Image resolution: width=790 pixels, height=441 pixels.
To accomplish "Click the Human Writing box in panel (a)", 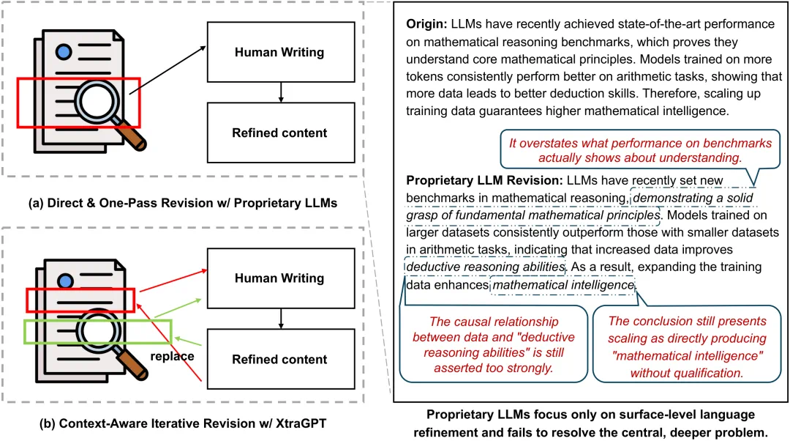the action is (281, 52).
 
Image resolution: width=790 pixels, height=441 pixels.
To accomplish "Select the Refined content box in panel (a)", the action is (281, 133).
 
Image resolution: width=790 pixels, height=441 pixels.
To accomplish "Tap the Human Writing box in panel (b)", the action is (281, 278).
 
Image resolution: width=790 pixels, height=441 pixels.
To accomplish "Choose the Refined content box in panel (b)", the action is (281, 359).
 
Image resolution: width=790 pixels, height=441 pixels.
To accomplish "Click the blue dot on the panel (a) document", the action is (64, 51).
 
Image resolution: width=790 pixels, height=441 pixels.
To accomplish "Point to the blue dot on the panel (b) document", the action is (66, 281).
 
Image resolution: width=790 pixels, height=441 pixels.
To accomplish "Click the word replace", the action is (173, 356).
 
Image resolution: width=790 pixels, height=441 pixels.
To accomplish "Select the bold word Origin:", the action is (426, 24).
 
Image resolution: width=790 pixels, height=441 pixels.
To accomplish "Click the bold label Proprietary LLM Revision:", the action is (484, 181).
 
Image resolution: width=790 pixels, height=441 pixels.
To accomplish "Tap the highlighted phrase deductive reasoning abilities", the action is (486, 267).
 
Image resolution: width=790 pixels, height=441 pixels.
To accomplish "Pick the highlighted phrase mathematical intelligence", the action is (563, 285).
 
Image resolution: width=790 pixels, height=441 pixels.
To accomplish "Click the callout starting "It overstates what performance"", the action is (640, 150).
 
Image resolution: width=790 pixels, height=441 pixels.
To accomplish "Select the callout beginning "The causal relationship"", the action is (493, 344).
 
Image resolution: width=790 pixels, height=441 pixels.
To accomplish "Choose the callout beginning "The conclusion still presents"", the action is (687, 344).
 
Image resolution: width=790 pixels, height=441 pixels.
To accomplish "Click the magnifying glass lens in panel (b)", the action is (99, 330).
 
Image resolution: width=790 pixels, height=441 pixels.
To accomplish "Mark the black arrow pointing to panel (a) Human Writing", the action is (168, 70).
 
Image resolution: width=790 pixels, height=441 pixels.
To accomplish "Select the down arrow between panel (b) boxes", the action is (281, 319).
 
